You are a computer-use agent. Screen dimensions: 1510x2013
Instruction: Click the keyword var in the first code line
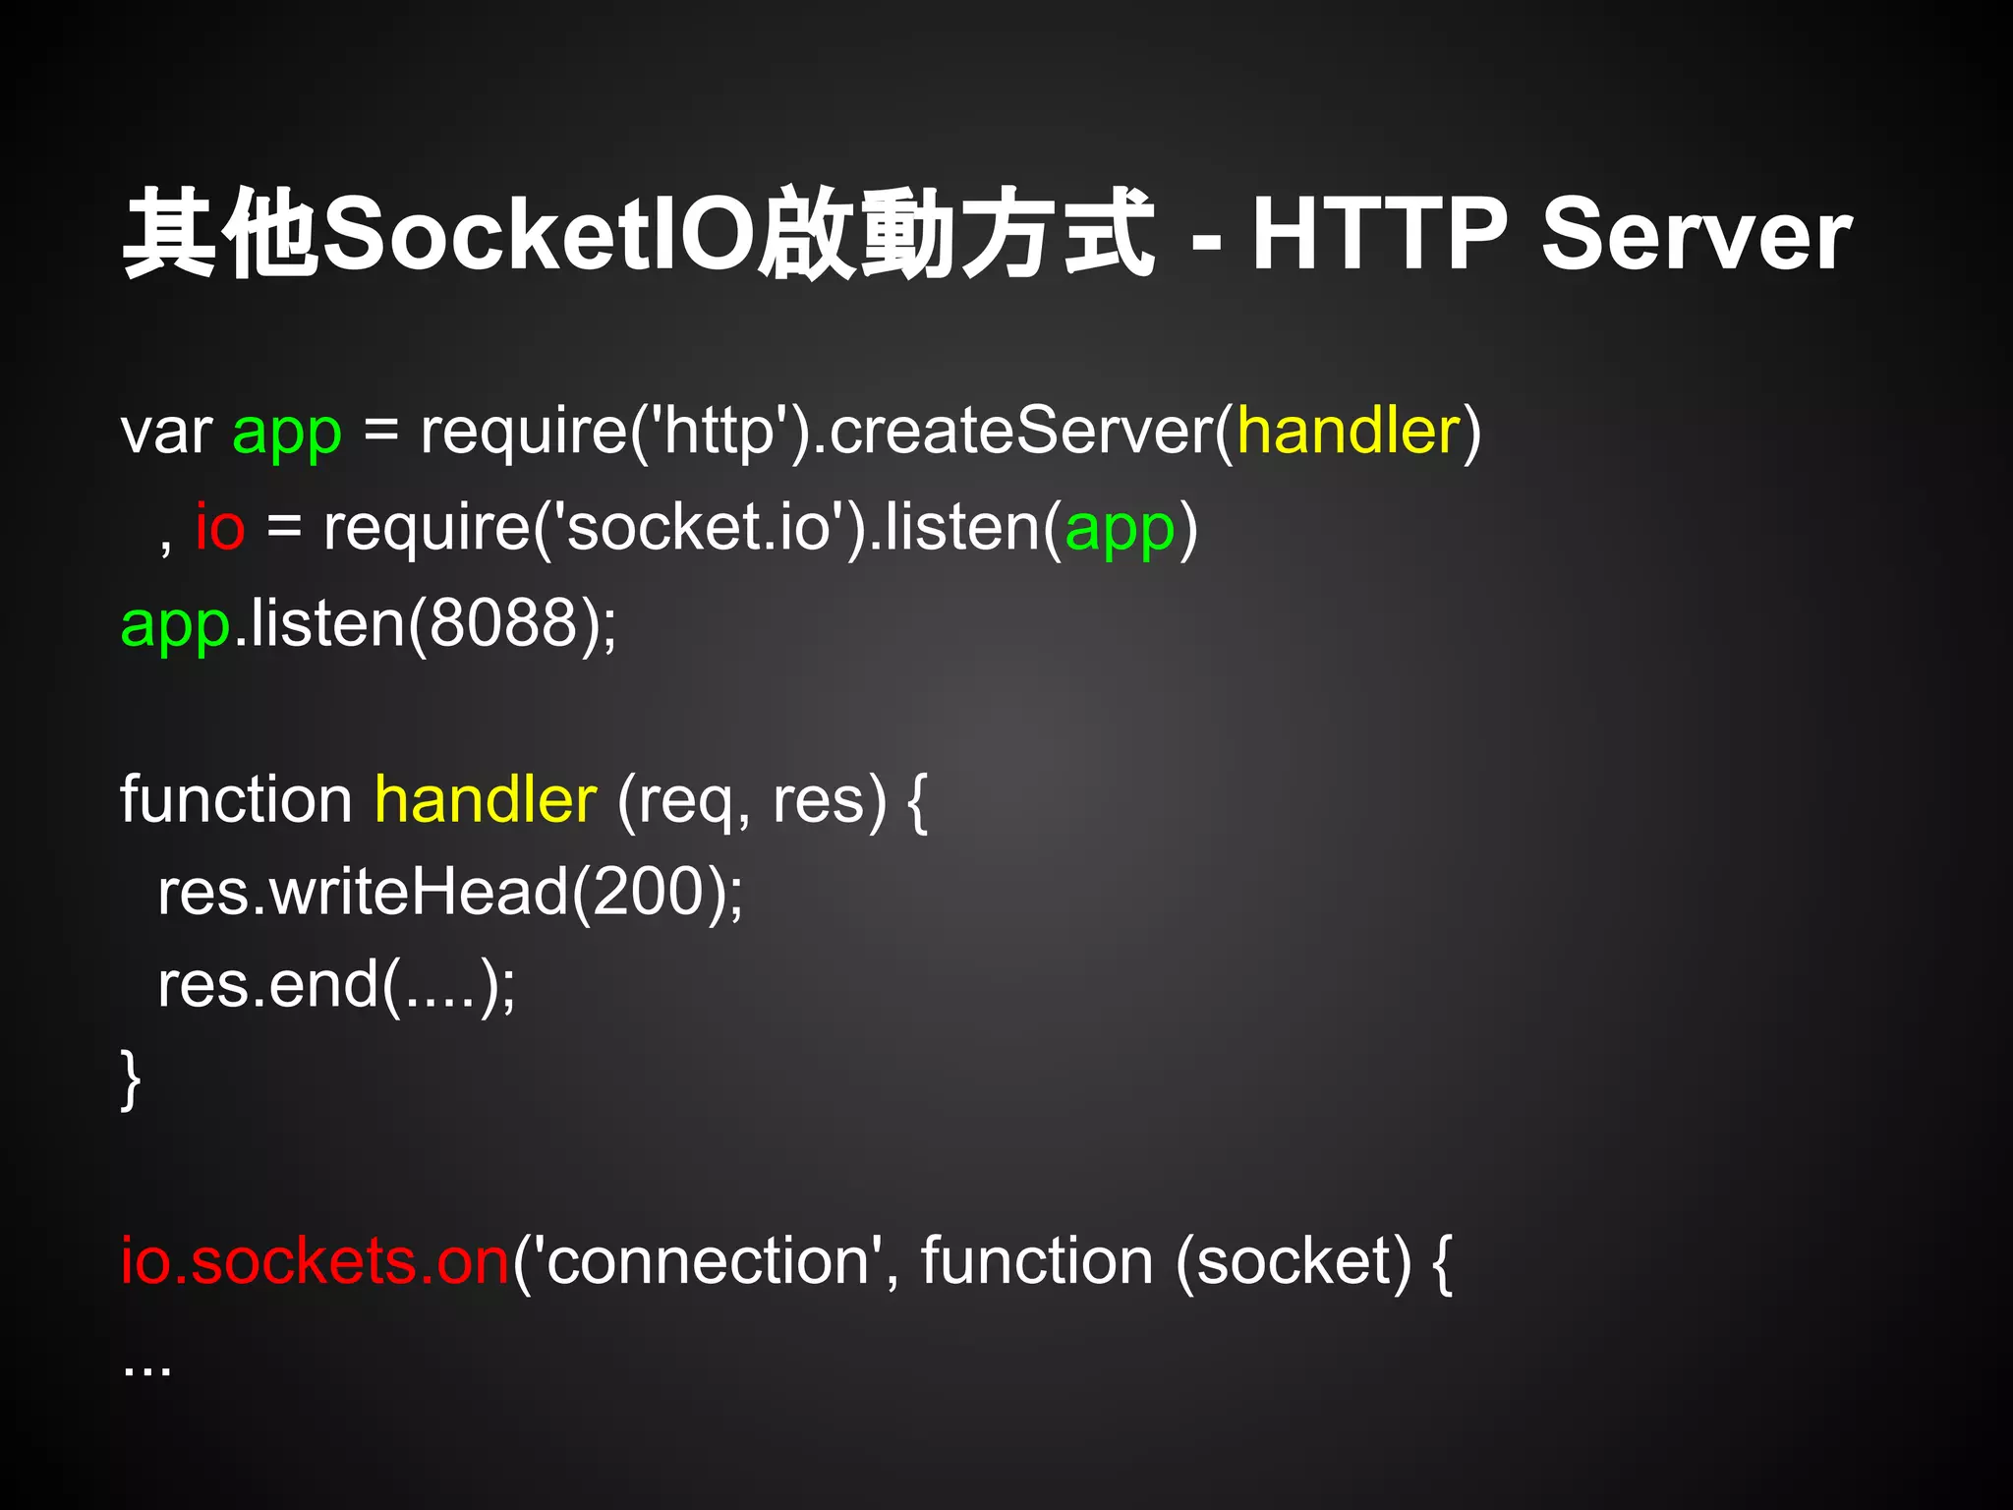click(x=166, y=433)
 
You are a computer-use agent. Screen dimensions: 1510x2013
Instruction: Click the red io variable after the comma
click(x=219, y=527)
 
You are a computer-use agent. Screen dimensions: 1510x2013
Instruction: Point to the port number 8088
click(x=502, y=622)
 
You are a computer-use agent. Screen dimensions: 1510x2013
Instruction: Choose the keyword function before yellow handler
click(x=236, y=798)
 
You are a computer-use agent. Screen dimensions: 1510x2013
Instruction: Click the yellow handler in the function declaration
click(x=486, y=798)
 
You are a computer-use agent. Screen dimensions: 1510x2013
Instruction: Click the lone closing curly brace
click(x=130, y=1079)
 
